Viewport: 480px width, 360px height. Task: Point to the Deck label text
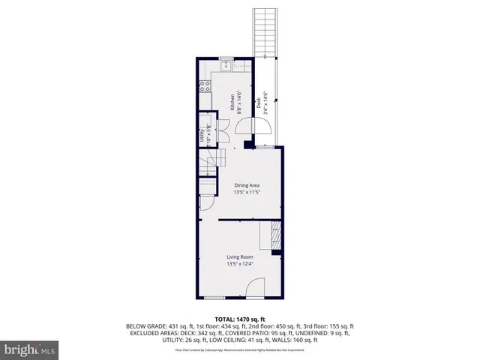coord(259,105)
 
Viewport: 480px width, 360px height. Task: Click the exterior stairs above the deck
coord(265,31)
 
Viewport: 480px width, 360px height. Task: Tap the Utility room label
coord(202,135)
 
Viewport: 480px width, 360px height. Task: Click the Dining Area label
coord(247,185)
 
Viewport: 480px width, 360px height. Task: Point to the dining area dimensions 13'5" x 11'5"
coord(247,193)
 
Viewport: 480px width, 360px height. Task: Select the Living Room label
coord(241,257)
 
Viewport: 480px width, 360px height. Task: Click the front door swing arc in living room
coord(255,287)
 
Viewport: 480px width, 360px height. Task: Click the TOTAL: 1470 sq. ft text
coord(240,319)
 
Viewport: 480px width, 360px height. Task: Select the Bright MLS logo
coord(30,349)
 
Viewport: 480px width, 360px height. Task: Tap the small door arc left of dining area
coord(205,205)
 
